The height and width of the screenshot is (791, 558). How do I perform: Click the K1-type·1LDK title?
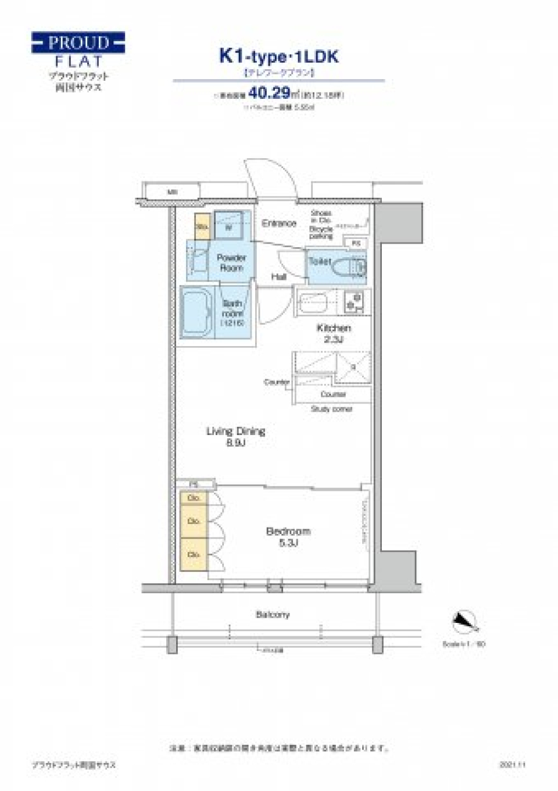(278, 56)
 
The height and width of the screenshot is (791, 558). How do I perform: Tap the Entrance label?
(279, 223)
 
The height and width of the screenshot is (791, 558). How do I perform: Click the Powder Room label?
(231, 263)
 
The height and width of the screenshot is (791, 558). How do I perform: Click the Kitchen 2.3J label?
(334, 333)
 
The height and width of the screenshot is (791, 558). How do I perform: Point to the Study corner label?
(331, 409)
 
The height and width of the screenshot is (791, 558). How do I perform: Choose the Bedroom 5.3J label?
(288, 537)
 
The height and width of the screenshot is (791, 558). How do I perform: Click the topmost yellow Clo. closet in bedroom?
(194, 498)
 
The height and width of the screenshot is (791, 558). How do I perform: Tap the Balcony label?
(272, 615)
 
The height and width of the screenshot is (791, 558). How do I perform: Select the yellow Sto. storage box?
(202, 226)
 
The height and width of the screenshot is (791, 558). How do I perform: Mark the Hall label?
(279, 277)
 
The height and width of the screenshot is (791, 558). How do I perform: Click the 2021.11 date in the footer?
(512, 765)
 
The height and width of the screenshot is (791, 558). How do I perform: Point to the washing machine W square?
(229, 226)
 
